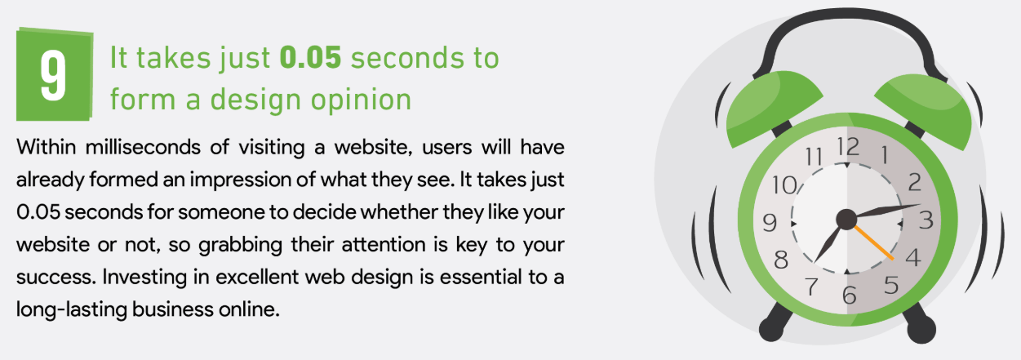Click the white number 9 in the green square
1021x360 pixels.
tap(53, 75)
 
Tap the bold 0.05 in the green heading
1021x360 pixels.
tap(310, 58)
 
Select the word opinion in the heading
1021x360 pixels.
tap(361, 100)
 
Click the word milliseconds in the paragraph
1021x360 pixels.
tap(143, 147)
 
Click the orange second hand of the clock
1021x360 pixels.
tap(872, 242)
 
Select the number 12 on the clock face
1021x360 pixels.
tap(848, 147)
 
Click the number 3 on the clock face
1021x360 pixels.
tap(926, 220)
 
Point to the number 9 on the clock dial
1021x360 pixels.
tap(770, 223)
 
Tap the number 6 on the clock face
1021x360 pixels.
tap(849, 295)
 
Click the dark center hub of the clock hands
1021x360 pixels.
tap(846, 220)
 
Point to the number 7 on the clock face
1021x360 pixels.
tap(811, 287)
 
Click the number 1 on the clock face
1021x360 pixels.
tap(885, 155)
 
